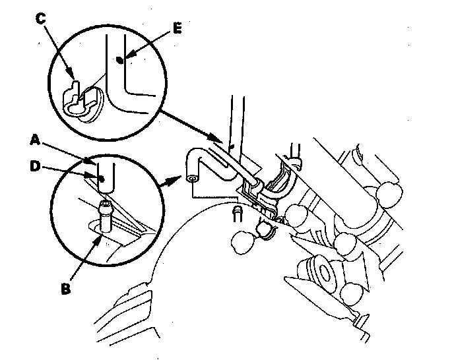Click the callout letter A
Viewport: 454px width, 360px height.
tap(35, 140)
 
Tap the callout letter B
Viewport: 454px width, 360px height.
tap(66, 288)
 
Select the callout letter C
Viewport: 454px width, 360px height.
tap(40, 18)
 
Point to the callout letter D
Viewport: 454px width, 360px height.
tap(35, 166)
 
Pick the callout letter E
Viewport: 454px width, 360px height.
tap(178, 28)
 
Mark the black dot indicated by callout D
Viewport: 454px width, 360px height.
tap(101, 179)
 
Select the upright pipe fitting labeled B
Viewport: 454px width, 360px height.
tap(106, 216)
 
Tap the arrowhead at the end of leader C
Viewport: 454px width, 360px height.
tap(71, 75)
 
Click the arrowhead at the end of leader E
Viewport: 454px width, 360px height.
tap(129, 54)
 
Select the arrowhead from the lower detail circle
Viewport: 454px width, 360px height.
tap(174, 180)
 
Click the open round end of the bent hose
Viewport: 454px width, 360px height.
tap(192, 179)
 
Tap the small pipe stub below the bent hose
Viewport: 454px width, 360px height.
tap(238, 214)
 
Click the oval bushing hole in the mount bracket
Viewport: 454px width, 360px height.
tap(325, 273)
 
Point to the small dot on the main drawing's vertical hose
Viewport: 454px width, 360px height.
tap(231, 147)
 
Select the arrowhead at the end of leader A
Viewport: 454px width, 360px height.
tap(88, 161)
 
